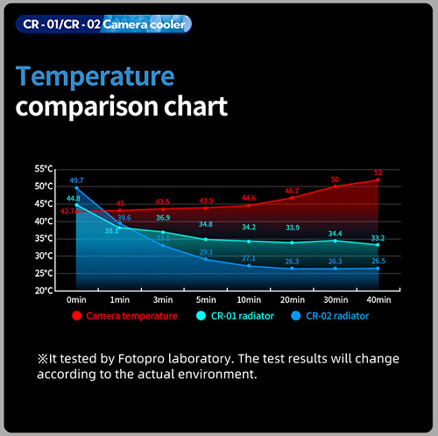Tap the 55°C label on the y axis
(44, 169)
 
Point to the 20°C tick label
(44, 291)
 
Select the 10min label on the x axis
(249, 300)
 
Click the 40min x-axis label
(379, 300)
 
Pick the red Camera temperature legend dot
(77, 316)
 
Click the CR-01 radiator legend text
(243, 316)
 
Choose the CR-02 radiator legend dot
(296, 316)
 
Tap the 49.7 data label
(77, 181)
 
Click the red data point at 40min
(377, 180)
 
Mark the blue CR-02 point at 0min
(77, 188)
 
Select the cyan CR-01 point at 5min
(206, 239)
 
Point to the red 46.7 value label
(292, 191)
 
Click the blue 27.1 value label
(249, 258)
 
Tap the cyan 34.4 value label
(335, 233)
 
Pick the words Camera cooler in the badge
(144, 25)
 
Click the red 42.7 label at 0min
(67, 211)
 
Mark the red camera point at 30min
(335, 186)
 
